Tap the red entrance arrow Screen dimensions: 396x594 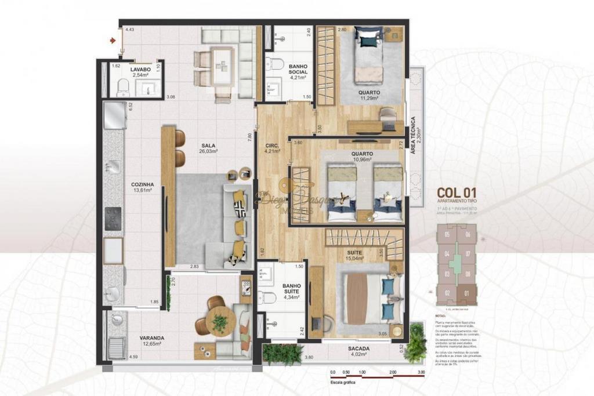113,40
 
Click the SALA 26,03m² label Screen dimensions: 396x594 209,150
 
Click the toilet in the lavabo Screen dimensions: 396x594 123,88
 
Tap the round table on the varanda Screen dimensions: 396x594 220,321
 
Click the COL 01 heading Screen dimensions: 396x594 457,192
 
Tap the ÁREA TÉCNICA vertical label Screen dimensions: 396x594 413,135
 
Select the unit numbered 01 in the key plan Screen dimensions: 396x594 467,293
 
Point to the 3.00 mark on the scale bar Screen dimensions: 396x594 421,372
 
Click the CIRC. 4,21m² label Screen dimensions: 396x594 271,149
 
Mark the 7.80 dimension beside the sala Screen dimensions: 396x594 249,137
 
